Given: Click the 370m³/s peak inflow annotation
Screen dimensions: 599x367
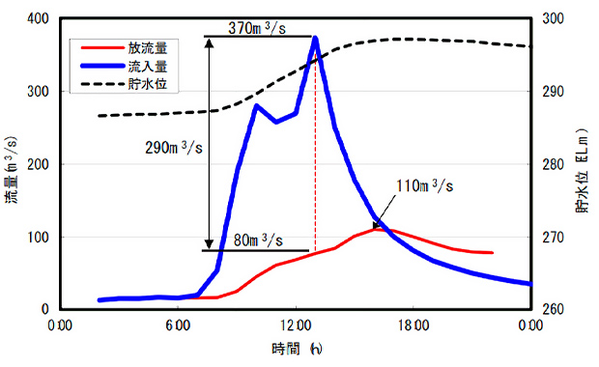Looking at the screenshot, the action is [257, 28].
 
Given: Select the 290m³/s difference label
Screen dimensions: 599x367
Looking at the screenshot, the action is [174, 148].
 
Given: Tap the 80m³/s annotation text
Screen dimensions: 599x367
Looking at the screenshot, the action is [258, 240].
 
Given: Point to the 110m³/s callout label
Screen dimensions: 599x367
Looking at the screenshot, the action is [424, 186].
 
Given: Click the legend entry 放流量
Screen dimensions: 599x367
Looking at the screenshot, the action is [148, 48].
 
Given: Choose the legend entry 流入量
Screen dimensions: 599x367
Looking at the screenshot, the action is [148, 66].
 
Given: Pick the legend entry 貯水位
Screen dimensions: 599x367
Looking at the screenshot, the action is [148, 84].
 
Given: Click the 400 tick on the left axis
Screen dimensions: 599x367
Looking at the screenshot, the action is [38, 18].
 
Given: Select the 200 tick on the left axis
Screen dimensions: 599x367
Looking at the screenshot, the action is [38, 164].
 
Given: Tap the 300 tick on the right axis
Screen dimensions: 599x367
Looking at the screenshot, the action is [553, 18].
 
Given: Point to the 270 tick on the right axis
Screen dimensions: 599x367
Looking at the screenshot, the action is [553, 238].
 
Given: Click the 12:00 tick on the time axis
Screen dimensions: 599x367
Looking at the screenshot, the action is [296, 325].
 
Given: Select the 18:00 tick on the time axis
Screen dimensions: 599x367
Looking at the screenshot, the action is [414, 325].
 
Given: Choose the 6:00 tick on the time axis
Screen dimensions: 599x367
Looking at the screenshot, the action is [178, 325].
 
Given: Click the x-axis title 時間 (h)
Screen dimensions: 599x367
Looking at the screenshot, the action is [297, 349].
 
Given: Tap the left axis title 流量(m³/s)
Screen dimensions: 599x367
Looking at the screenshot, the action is [12, 170].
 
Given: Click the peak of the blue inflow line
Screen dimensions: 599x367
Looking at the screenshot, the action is [316, 38].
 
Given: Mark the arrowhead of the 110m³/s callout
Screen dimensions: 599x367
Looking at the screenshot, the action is [376, 225].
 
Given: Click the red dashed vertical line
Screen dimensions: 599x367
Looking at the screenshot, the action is [315, 153].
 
